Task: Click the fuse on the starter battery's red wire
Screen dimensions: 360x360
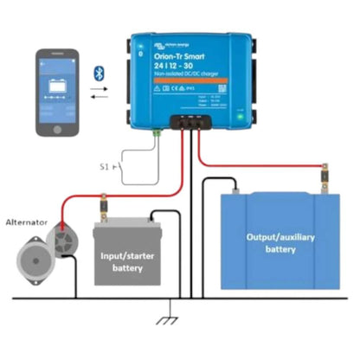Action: click(101, 209)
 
